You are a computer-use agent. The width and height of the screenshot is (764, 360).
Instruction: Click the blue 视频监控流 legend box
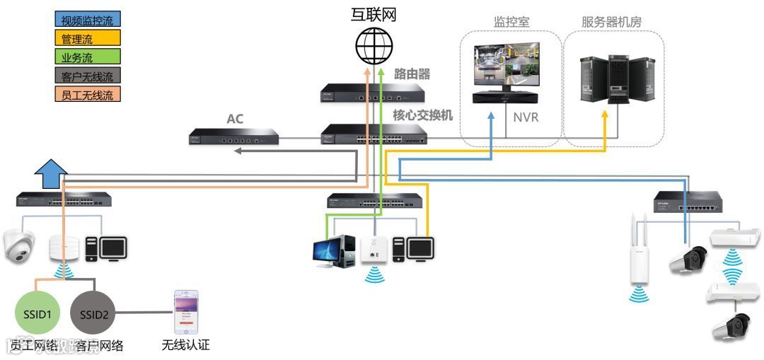(x=88, y=21)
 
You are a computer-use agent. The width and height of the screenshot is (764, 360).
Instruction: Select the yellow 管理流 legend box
(x=88, y=38)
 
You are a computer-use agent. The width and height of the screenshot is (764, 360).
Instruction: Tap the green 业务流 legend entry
(x=88, y=57)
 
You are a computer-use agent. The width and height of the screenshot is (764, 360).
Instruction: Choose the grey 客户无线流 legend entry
(x=88, y=76)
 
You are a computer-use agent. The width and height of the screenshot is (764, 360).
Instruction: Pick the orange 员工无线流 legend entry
(x=88, y=94)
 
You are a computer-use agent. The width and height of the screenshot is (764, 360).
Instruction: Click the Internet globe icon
(x=374, y=47)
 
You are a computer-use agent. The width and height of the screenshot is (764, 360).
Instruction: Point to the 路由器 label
(x=411, y=74)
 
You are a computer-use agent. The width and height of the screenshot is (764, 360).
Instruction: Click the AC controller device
(x=234, y=137)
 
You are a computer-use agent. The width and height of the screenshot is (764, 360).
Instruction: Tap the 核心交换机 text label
(x=422, y=115)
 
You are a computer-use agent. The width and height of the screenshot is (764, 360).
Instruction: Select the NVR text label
(x=526, y=117)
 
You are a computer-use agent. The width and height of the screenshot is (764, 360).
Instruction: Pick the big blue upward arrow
(x=51, y=172)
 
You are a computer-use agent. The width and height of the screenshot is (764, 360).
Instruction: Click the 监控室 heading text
(x=511, y=22)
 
